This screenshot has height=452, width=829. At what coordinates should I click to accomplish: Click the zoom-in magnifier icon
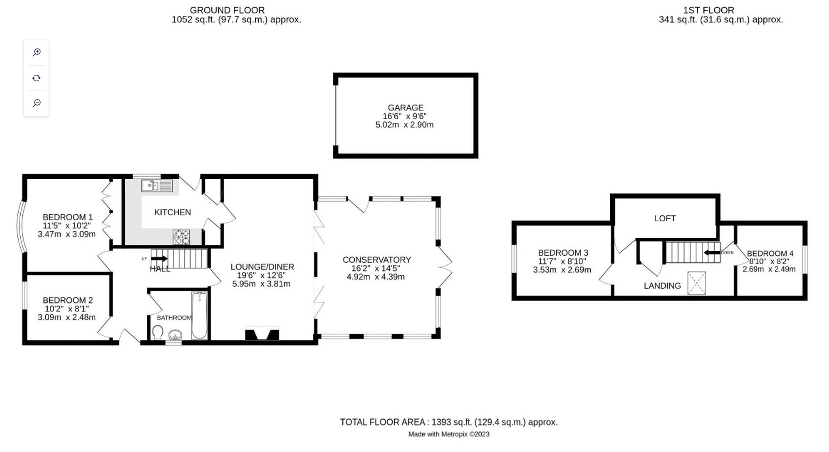tap(36, 52)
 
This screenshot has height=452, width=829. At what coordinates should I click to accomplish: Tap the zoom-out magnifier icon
tap(36, 103)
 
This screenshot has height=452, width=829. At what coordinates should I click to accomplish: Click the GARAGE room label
tap(405, 108)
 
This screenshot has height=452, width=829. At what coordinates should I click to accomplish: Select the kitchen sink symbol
tap(157, 186)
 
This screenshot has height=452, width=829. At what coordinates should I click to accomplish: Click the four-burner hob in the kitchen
tap(181, 237)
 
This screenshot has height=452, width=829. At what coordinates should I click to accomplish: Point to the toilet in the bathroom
tap(158, 332)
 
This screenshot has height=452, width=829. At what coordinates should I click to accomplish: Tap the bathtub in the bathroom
tap(199, 315)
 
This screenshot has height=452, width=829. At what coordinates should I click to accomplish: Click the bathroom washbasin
tap(175, 335)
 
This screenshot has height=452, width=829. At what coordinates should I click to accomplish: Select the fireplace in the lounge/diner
tap(262, 334)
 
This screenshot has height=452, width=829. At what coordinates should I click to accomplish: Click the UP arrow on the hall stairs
tap(160, 259)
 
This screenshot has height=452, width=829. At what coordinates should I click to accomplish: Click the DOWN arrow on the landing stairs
tap(712, 252)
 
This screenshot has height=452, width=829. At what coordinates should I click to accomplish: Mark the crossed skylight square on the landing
tap(696, 283)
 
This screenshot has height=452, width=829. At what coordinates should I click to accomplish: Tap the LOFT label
tap(665, 218)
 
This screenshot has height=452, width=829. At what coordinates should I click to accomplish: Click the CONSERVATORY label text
tap(376, 260)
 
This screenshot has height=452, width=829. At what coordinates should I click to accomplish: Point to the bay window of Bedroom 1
tap(21, 226)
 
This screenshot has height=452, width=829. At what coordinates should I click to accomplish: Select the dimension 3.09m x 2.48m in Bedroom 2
tap(66, 318)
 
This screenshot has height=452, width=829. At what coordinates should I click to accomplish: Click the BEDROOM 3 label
tap(563, 253)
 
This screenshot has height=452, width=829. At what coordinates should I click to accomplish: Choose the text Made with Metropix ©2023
tap(448, 434)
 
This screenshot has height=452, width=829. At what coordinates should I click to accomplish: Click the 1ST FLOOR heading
tap(708, 10)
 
